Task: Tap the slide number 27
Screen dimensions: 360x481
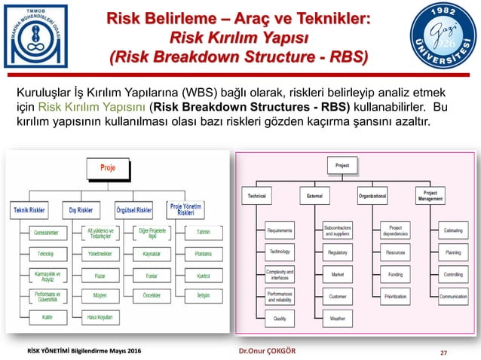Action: click(464, 350)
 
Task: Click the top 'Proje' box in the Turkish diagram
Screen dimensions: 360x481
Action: click(109, 168)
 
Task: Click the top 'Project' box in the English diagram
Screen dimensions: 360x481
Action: click(342, 163)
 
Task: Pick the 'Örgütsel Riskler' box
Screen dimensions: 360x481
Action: click(133, 210)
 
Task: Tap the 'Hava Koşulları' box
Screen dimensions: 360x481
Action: click(100, 316)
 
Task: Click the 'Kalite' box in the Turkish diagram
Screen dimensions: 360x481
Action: click(47, 316)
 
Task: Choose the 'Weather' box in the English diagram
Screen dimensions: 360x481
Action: click(337, 319)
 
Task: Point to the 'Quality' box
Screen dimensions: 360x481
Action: click(280, 319)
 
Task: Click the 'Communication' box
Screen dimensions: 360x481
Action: click(453, 297)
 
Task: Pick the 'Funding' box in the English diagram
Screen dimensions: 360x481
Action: click(395, 275)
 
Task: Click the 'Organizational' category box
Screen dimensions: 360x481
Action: click(372, 196)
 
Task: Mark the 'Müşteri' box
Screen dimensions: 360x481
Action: click(100, 296)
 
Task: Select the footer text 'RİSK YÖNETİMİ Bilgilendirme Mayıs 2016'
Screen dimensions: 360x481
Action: click(80, 350)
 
